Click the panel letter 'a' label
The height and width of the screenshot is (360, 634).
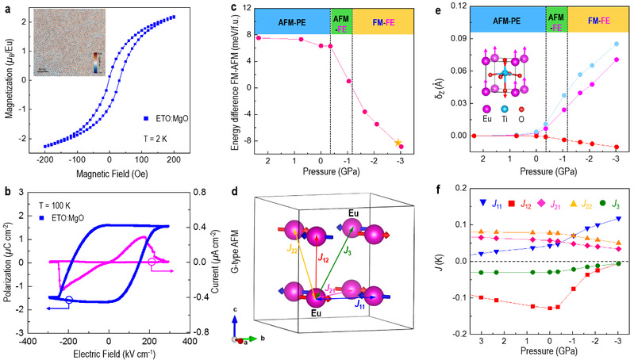click(x=8, y=6)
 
